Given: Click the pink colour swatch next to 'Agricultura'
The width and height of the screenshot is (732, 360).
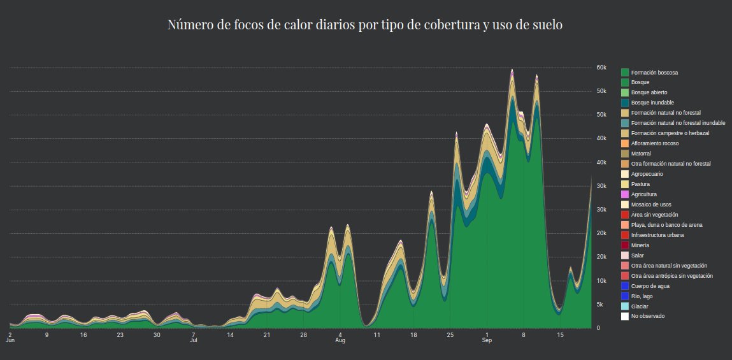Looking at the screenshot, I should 625,194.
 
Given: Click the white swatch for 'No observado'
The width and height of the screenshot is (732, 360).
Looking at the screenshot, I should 625,316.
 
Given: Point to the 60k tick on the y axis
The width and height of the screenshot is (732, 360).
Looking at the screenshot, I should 601,68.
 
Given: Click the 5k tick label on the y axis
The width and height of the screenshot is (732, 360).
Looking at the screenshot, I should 599,305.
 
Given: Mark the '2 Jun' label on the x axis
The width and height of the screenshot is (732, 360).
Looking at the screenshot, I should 10,337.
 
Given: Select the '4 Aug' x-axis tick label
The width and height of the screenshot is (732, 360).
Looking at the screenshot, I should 340,337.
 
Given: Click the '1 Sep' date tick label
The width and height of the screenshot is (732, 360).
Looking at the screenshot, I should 487,337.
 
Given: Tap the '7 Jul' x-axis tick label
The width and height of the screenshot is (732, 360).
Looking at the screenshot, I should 194,337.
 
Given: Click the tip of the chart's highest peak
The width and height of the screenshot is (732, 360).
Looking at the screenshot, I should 512,69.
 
